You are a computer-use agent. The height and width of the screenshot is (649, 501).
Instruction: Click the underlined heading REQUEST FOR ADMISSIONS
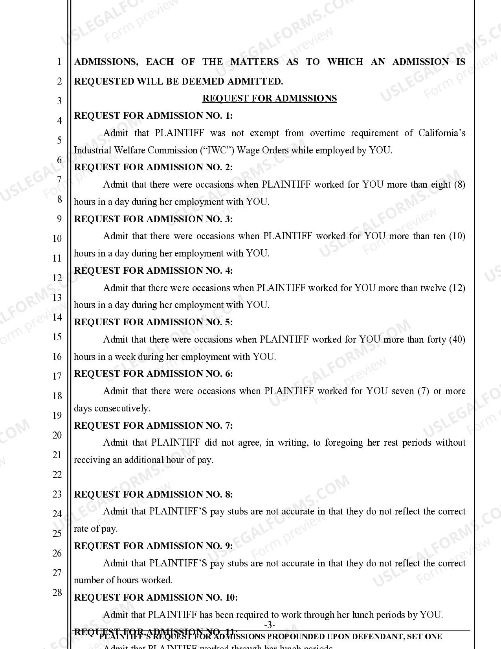tap(270, 98)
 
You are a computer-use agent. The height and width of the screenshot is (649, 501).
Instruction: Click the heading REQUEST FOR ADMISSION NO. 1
tap(153, 116)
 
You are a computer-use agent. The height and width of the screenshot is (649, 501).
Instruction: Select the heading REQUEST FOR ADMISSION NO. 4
tap(153, 271)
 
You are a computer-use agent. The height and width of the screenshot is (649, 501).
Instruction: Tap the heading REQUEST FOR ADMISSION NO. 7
tap(153, 426)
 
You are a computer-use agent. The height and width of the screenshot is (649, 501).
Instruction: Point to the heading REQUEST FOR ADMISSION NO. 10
tap(156, 597)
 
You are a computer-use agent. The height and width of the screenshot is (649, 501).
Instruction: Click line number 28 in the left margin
tap(57, 593)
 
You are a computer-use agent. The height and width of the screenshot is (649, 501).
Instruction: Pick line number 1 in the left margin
tap(59, 62)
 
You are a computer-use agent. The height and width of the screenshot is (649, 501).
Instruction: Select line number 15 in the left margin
tap(57, 337)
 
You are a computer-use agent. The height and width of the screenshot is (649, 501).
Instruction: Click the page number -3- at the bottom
tap(270, 625)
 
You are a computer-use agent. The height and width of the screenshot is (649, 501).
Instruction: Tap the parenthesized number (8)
tap(459, 184)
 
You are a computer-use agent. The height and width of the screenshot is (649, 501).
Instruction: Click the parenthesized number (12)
tap(457, 288)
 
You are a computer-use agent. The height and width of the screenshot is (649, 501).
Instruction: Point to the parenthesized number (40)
tap(457, 339)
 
